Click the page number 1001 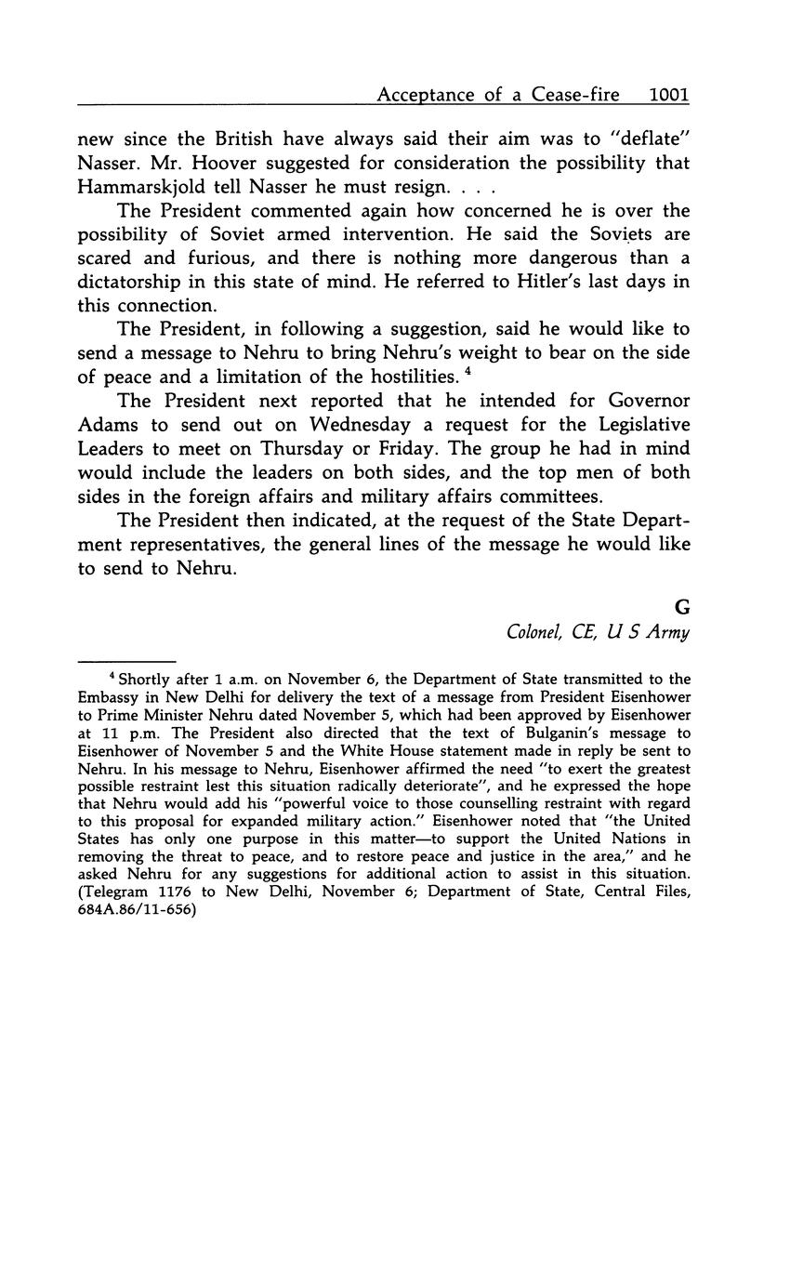pyautogui.click(x=669, y=95)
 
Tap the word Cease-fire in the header pyautogui.click(x=585, y=95)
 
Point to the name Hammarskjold pyautogui.click(x=138, y=187)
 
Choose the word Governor pyautogui.click(x=642, y=401)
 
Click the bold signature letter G pyautogui.click(x=682, y=607)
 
